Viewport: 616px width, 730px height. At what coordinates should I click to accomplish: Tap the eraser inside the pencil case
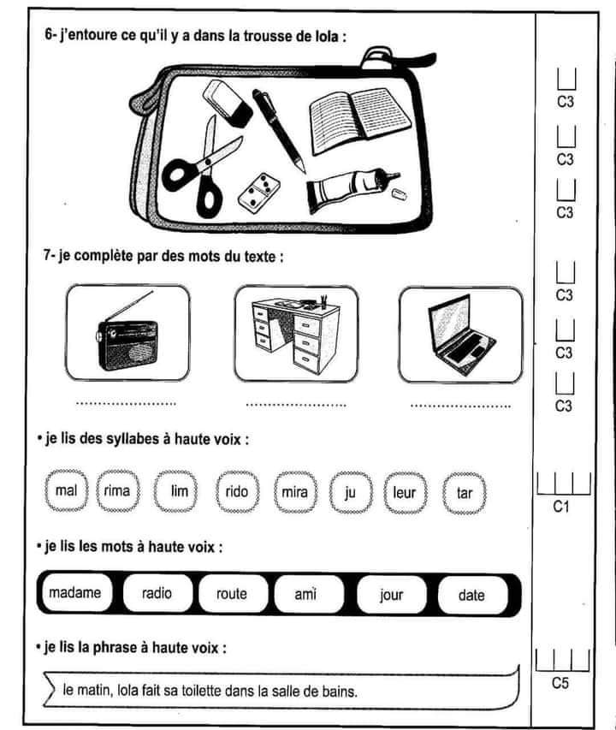click(x=228, y=104)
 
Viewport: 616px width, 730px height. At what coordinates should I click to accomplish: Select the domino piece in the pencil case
click(x=258, y=193)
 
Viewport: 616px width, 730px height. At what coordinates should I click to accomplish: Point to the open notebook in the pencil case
click(x=360, y=121)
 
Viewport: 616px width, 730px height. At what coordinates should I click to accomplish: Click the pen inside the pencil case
click(x=279, y=130)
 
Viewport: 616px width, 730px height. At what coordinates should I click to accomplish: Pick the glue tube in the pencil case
click(x=352, y=189)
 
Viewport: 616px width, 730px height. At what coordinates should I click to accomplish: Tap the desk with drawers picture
click(x=296, y=335)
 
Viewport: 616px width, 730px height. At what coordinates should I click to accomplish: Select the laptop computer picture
click(x=461, y=335)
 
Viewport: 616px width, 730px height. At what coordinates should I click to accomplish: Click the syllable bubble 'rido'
click(x=237, y=491)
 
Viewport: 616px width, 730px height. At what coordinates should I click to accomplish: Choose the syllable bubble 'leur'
click(x=405, y=493)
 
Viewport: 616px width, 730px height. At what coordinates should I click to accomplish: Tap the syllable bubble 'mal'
click(x=66, y=490)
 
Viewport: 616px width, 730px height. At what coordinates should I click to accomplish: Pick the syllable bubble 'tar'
click(x=465, y=493)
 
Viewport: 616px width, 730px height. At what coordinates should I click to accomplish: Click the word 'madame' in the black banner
click(x=75, y=593)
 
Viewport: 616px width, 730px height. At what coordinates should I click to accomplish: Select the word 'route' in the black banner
click(x=232, y=594)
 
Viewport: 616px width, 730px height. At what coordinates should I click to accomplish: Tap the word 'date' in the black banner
click(x=471, y=595)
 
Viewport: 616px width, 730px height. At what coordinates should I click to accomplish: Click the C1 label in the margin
click(x=561, y=506)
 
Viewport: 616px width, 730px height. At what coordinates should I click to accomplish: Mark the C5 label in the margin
click(x=560, y=683)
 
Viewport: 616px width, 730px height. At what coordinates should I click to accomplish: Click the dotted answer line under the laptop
click(x=460, y=407)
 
